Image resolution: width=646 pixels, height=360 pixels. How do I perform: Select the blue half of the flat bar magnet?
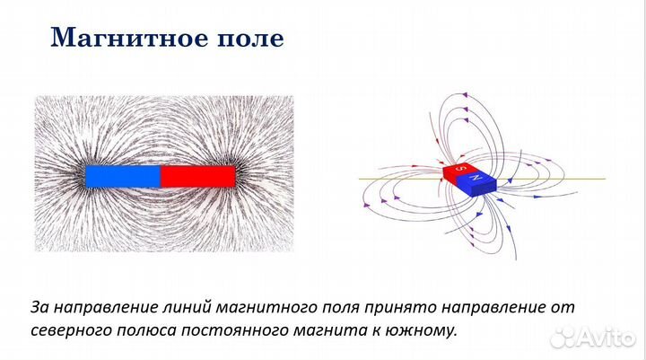[x=123, y=176]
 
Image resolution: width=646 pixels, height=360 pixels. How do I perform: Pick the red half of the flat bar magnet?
[x=197, y=176]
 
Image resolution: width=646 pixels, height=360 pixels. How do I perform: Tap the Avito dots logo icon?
[x=563, y=337]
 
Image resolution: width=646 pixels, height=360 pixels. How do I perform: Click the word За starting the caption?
[x=40, y=307]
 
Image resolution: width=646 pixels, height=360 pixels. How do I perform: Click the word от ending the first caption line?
[x=563, y=307]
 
